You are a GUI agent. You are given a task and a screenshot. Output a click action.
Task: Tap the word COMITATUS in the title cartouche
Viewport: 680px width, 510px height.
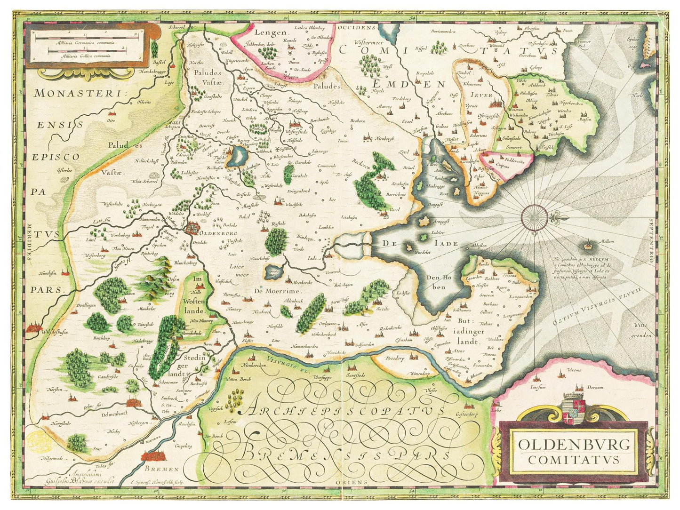click(x=574, y=460)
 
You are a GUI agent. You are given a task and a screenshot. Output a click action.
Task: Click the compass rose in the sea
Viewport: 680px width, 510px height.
click(x=534, y=217)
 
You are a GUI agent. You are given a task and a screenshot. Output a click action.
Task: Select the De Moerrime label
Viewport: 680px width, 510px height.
click(x=277, y=291)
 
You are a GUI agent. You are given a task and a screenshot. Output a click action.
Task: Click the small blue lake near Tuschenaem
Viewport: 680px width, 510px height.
click(x=236, y=155)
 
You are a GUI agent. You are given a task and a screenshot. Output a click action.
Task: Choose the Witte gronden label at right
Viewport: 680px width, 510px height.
click(x=643, y=330)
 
